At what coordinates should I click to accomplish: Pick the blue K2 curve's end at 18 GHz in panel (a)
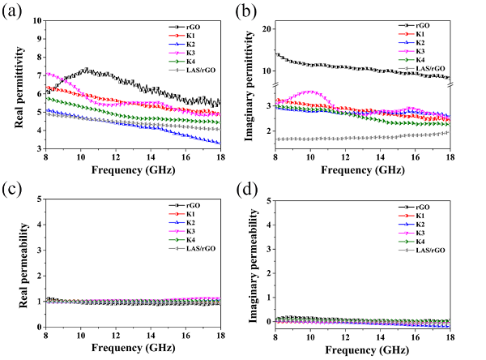click(220, 144)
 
